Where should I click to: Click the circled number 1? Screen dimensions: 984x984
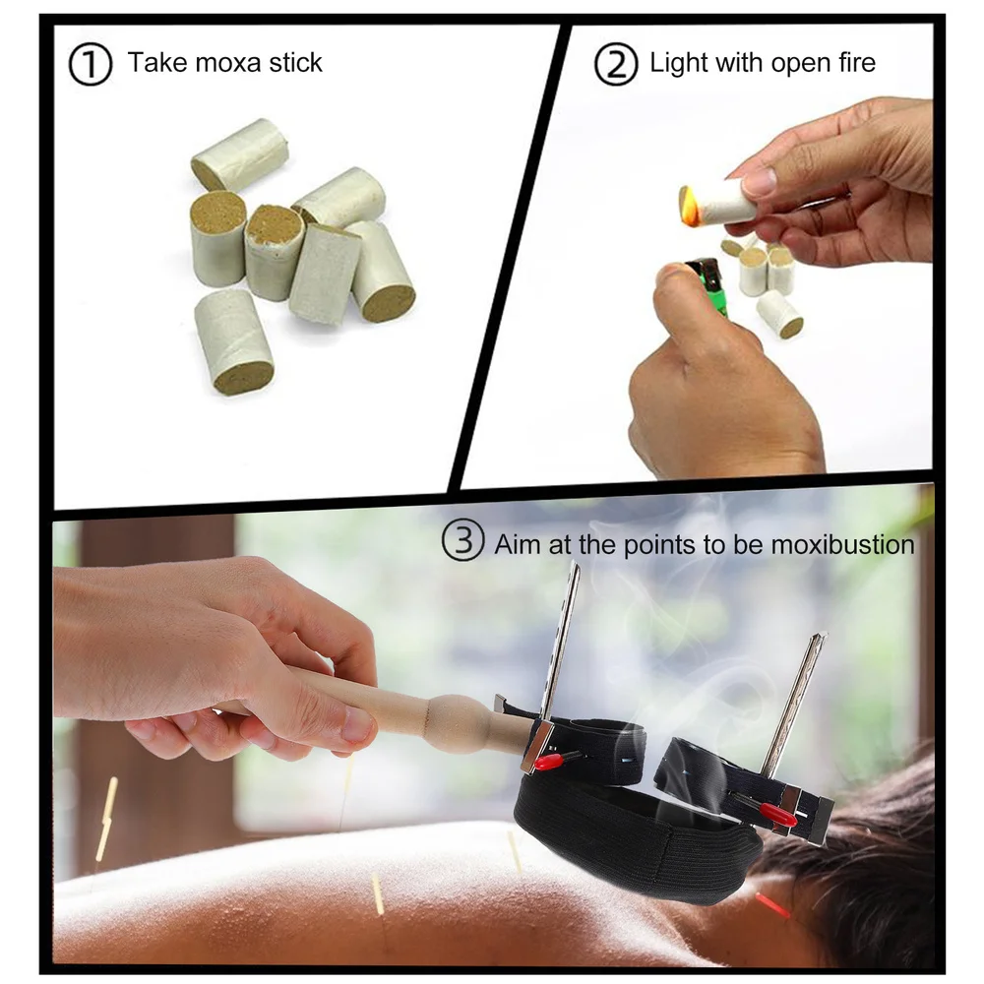pyautogui.click(x=91, y=64)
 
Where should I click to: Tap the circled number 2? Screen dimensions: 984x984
pyautogui.click(x=616, y=64)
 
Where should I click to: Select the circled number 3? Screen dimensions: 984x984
pyautogui.click(x=461, y=542)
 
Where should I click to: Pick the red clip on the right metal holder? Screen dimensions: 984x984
pyautogui.click(x=777, y=813)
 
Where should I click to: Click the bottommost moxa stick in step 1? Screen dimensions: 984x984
pyautogui.click(x=233, y=342)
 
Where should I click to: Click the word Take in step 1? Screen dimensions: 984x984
pyautogui.click(x=154, y=64)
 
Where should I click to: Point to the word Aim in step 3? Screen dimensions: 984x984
pyautogui.click(x=517, y=544)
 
